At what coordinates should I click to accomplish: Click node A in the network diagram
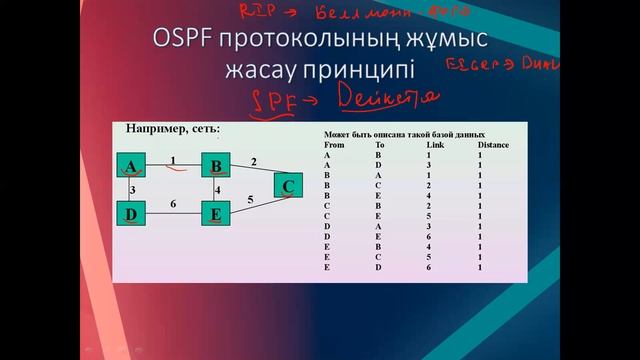click(x=131, y=166)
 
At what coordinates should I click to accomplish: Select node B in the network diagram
click(x=216, y=166)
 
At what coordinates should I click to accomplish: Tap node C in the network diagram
click(x=288, y=185)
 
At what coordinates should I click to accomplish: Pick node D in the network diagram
click(x=131, y=213)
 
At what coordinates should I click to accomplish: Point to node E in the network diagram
click(x=216, y=213)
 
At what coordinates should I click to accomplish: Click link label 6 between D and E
click(x=173, y=204)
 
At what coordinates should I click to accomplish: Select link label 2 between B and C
click(x=254, y=161)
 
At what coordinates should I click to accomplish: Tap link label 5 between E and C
click(x=250, y=200)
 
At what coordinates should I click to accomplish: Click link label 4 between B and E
click(x=217, y=190)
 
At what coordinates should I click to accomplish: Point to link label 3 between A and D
click(x=132, y=189)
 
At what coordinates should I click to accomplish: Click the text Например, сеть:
click(x=173, y=130)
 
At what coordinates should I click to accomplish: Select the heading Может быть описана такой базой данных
click(x=404, y=134)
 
